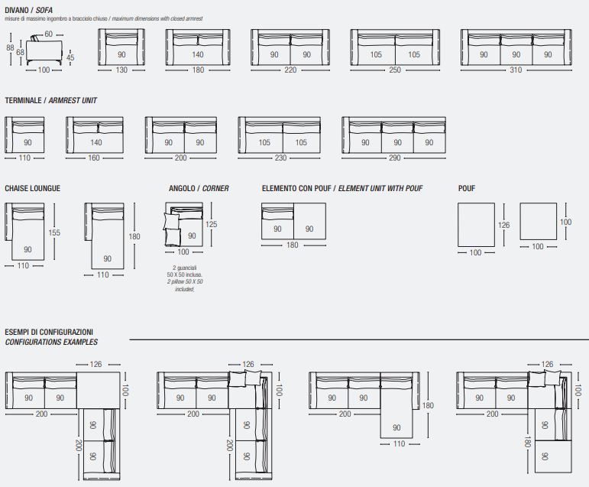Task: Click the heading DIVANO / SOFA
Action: [28, 10]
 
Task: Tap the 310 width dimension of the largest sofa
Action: [516, 70]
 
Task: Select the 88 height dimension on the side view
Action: [10, 47]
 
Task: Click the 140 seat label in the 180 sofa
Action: [198, 54]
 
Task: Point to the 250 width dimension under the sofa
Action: [395, 70]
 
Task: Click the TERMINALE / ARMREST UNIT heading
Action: [50, 100]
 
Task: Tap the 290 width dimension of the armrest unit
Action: [394, 158]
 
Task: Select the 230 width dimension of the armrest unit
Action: [280, 158]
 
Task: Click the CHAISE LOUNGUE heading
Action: [32, 188]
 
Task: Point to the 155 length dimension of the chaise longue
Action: [54, 232]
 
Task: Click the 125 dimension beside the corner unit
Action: [211, 224]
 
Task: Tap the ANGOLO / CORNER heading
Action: [199, 188]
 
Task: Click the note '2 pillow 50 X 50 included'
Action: [185, 285]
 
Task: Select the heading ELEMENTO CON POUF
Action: [296, 188]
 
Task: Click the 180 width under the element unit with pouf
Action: [293, 245]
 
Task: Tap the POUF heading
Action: [467, 188]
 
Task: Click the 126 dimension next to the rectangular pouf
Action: [503, 225]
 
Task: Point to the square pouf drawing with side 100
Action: [538, 221]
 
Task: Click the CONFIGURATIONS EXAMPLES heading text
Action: [51, 343]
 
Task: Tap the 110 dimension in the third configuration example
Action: [399, 444]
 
